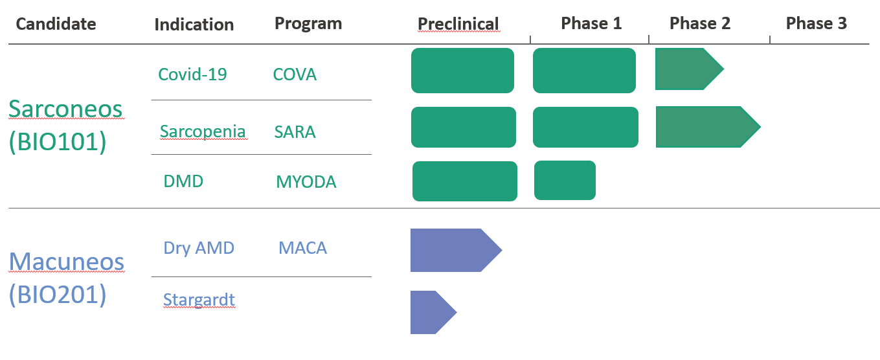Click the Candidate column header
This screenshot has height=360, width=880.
pyautogui.click(x=56, y=24)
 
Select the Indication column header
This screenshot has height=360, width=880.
pyautogui.click(x=194, y=25)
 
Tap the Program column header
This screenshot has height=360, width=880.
pyautogui.click(x=308, y=23)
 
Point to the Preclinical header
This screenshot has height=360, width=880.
pyautogui.click(x=458, y=24)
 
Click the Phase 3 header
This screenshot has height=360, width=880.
pyautogui.click(x=817, y=23)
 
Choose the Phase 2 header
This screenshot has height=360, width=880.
pyautogui.click(x=700, y=23)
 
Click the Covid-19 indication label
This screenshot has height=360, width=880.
pyautogui.click(x=192, y=74)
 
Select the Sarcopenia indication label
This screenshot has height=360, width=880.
pyautogui.click(x=203, y=131)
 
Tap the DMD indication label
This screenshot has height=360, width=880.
pyautogui.click(x=183, y=181)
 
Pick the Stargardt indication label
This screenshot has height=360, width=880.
pyautogui.click(x=199, y=300)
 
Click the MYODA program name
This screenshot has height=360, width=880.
pyautogui.click(x=306, y=182)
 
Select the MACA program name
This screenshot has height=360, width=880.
pyautogui.click(x=303, y=248)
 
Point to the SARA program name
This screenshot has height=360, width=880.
pyautogui.click(x=295, y=132)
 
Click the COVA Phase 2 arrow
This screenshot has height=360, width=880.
pyautogui.click(x=690, y=69)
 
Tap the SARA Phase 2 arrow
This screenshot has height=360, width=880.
pyautogui.click(x=708, y=127)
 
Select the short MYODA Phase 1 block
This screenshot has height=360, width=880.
pyautogui.click(x=565, y=181)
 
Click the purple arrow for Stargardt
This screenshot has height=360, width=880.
pyautogui.click(x=434, y=313)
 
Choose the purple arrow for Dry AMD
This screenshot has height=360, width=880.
pyautogui.click(x=456, y=251)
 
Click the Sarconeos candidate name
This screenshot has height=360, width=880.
pyautogui.click(x=65, y=109)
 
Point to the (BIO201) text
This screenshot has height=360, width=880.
pyautogui.click(x=58, y=295)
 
